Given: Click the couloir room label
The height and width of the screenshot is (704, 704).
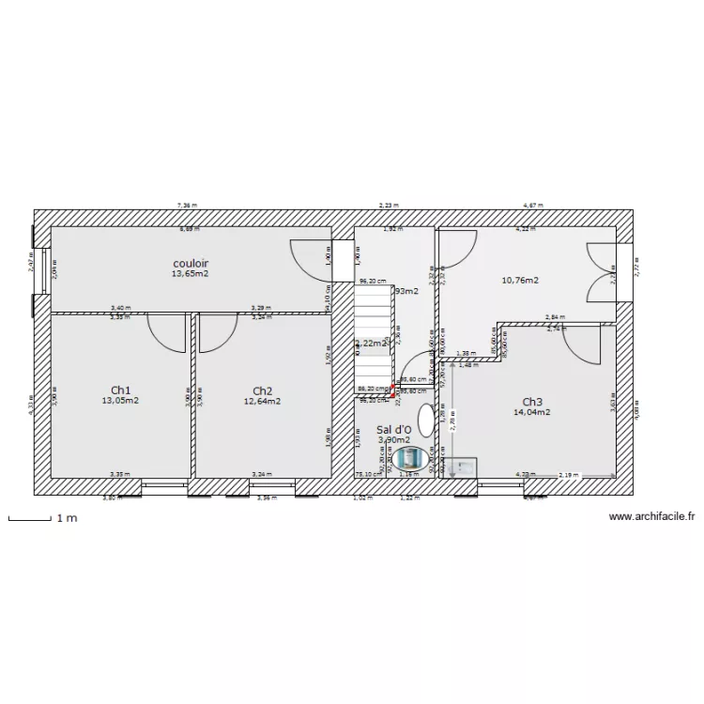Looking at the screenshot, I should [x=191, y=264].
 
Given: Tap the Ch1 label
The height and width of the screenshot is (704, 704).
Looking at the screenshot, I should [x=120, y=390].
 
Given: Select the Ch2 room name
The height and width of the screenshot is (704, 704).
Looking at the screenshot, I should [x=263, y=390].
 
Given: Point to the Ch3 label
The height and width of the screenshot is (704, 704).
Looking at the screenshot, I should [x=532, y=401].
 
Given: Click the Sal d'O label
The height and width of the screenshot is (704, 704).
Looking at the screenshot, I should [x=393, y=429].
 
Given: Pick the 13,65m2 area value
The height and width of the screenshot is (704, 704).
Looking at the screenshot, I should [x=190, y=274].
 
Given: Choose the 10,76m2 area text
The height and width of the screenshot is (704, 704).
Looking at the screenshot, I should [x=520, y=280].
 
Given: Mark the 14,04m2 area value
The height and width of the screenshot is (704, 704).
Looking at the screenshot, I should [x=531, y=411].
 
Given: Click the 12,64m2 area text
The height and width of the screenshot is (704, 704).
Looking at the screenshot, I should [x=263, y=401].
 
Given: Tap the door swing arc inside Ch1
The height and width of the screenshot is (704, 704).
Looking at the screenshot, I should [x=167, y=333].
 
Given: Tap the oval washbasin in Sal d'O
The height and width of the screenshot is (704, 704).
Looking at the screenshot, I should [x=427, y=420].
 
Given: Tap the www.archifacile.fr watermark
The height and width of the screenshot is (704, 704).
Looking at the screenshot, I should [x=651, y=516].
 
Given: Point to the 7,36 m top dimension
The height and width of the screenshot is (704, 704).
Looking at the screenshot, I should [x=188, y=205].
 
